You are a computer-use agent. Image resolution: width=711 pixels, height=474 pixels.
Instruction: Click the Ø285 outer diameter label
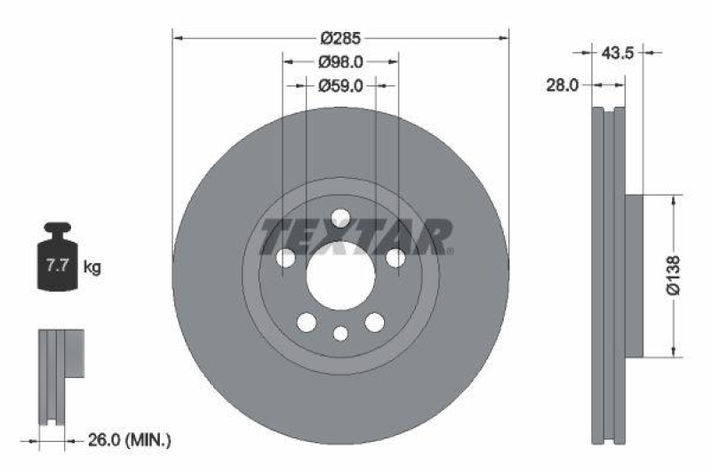point(340,38)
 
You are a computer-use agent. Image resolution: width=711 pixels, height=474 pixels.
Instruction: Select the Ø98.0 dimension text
point(340,61)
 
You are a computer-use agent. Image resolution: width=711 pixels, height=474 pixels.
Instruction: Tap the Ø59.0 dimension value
point(340,85)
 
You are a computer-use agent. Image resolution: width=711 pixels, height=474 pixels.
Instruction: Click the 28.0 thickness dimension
point(563,85)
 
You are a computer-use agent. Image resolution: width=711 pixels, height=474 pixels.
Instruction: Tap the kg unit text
point(92,266)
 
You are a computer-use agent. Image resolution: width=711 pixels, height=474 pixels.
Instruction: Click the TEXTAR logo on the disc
point(356,236)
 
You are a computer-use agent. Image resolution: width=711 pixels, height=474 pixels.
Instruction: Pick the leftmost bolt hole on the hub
point(285,258)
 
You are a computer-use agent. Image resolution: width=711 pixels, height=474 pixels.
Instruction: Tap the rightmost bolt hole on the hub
point(395,258)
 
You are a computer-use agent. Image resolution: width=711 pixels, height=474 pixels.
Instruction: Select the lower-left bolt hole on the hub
point(307,322)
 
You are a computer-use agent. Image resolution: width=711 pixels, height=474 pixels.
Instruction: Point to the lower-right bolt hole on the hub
point(375,322)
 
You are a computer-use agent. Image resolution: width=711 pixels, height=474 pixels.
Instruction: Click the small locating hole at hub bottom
point(340,333)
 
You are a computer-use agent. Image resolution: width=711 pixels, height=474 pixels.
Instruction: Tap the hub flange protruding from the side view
point(635,276)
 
